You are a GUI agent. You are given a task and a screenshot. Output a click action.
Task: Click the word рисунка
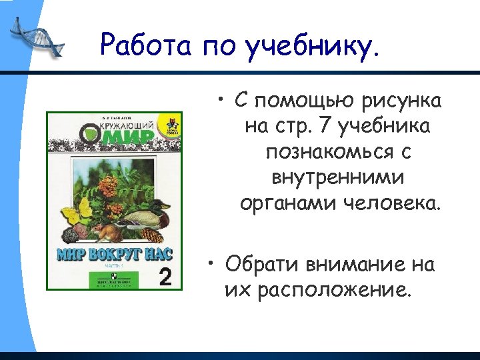(401, 101)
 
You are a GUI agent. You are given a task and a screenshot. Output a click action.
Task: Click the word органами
(289, 203)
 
